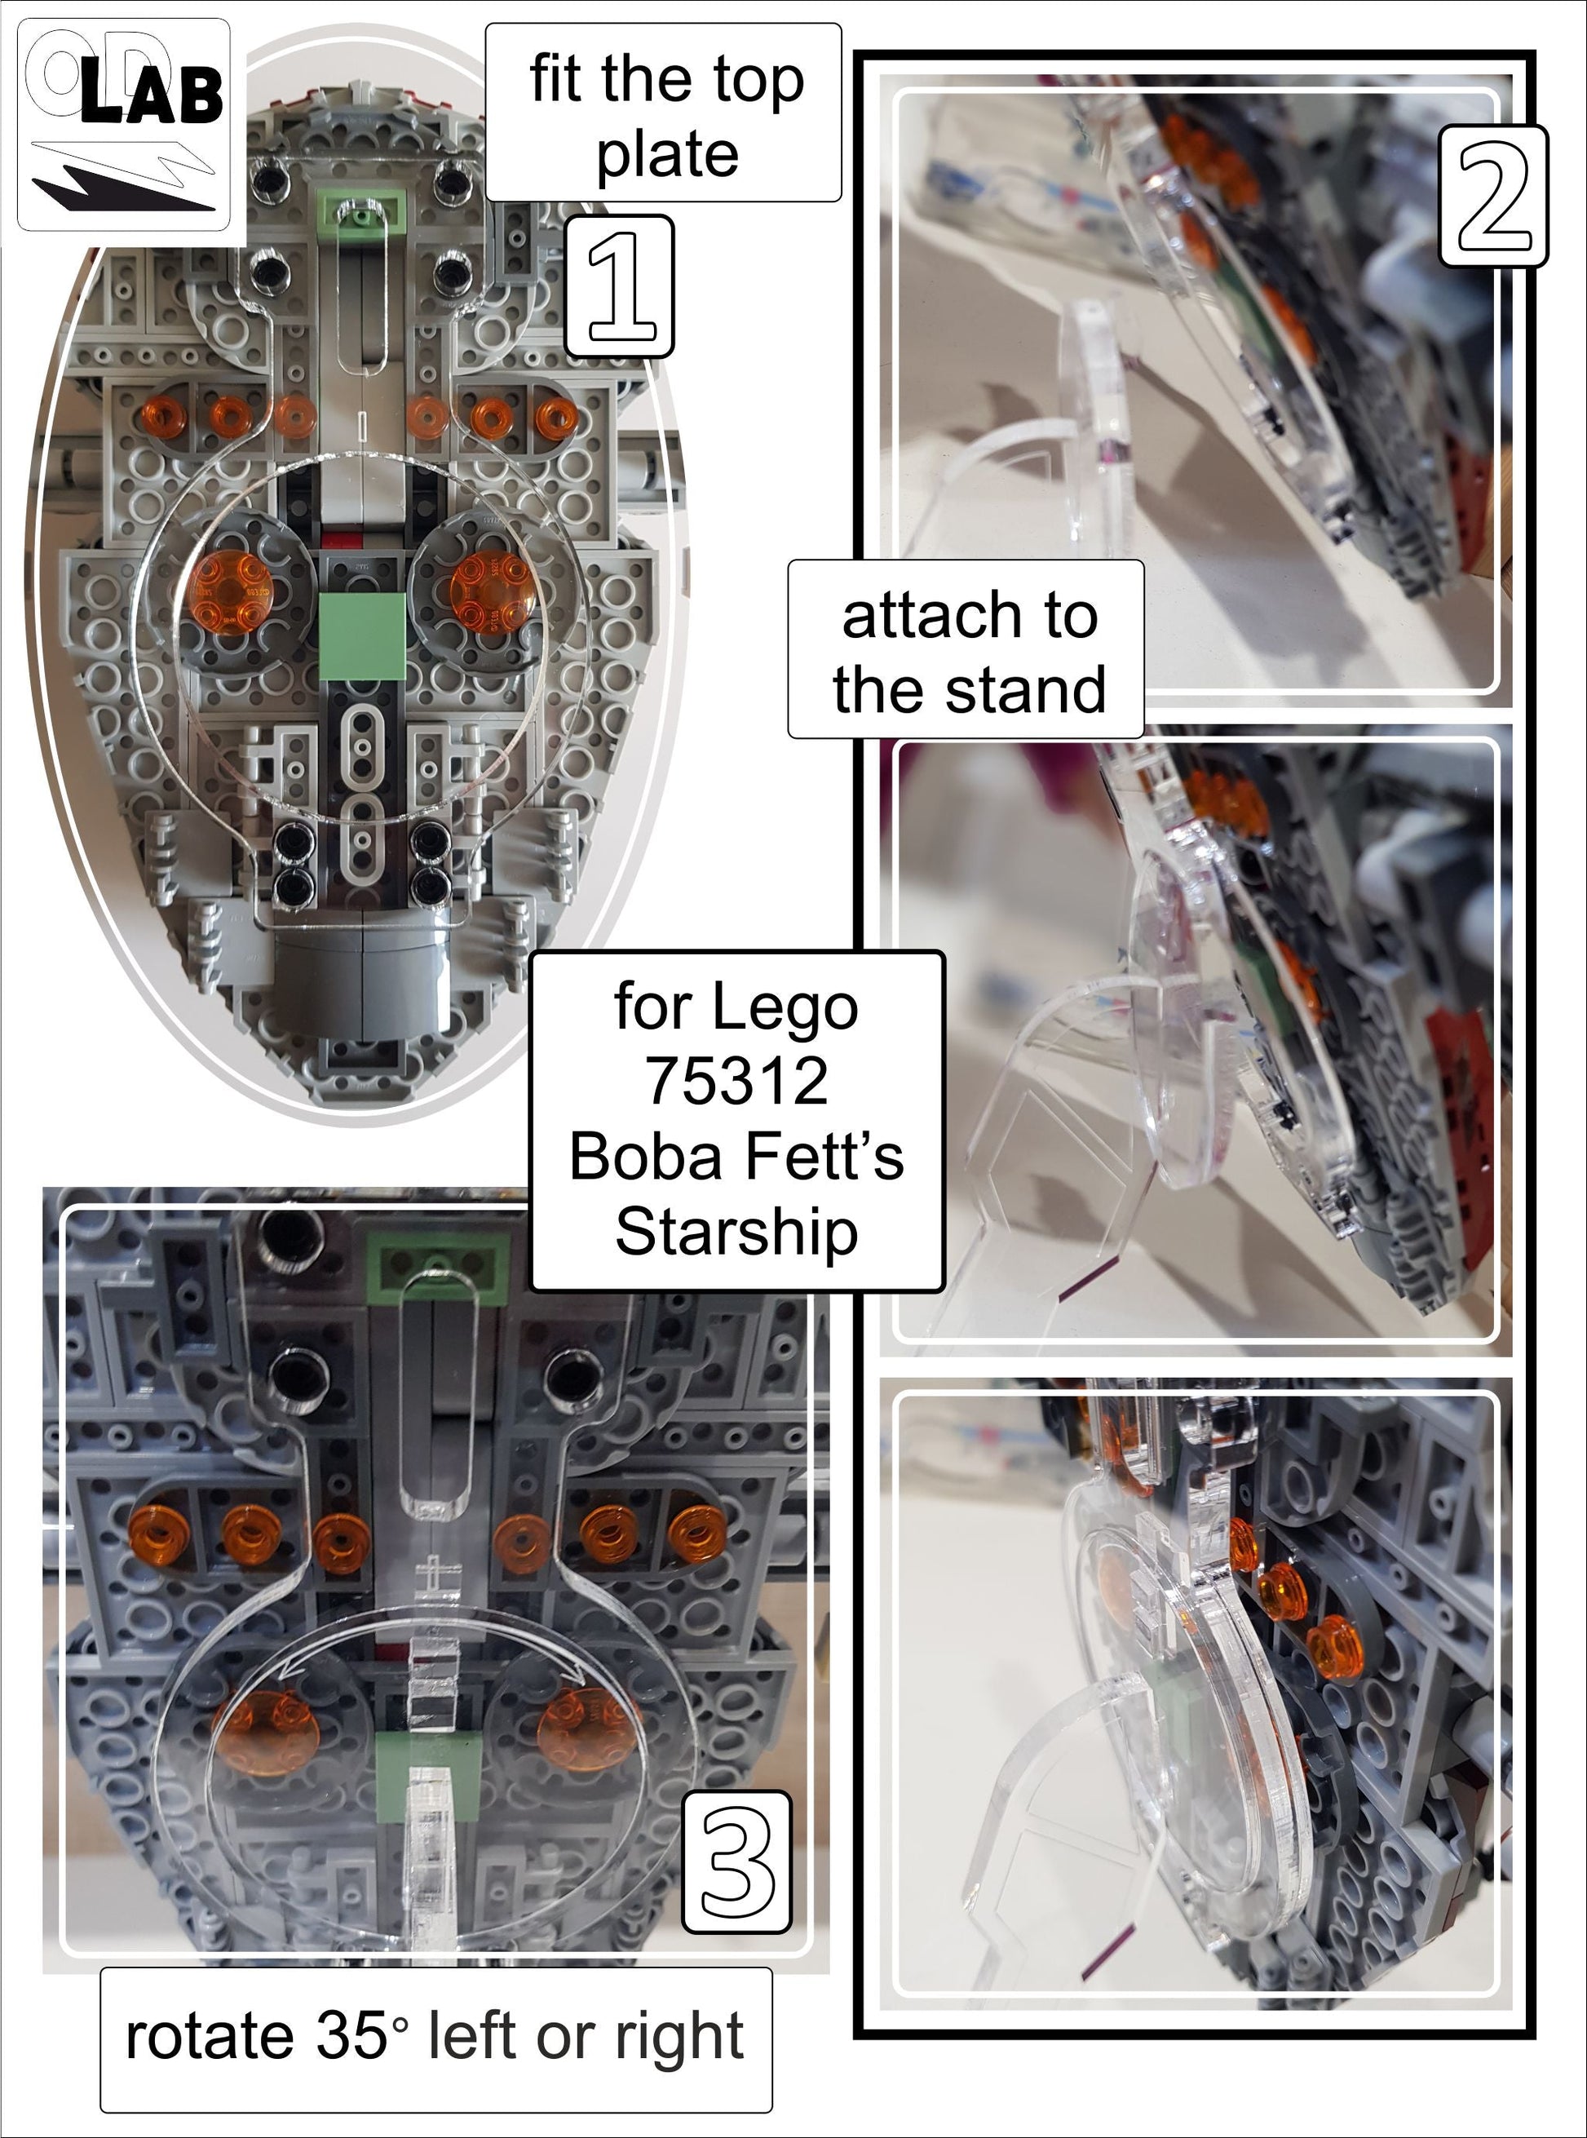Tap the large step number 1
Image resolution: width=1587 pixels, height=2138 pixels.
[619, 286]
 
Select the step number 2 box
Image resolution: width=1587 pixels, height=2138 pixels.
[1492, 196]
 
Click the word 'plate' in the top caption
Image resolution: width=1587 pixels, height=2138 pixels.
[667, 155]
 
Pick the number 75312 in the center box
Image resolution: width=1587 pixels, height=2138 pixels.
[736, 1081]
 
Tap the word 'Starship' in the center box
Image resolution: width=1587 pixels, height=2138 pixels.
[736, 1231]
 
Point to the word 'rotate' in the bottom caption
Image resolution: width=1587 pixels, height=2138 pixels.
[210, 2036]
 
